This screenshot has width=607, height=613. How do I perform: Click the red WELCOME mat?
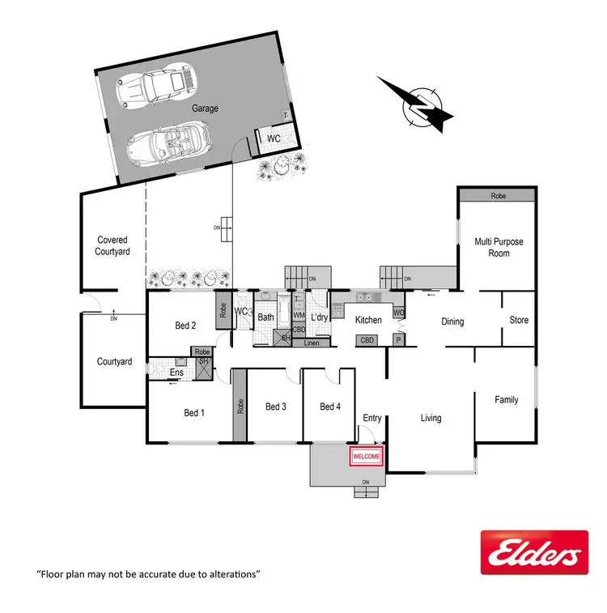coord(365,458)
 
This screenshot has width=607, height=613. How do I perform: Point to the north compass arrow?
coord(416,104)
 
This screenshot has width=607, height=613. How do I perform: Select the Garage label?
coord(205,108)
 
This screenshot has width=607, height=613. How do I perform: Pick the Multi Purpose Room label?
coord(499,247)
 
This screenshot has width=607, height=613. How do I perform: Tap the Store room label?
coord(519,321)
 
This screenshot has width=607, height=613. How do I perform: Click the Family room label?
coord(507,399)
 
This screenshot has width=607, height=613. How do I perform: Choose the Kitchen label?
coord(368,321)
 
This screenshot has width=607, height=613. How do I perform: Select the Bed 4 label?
coord(331,407)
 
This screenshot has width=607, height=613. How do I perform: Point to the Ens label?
coord(176,372)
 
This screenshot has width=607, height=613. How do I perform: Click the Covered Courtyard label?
coord(113,245)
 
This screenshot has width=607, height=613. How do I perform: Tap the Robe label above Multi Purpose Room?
coord(497,196)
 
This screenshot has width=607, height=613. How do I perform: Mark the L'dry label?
coord(319,318)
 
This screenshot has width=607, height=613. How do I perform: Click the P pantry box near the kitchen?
coord(398,341)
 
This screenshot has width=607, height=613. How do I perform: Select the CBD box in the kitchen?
coord(368,341)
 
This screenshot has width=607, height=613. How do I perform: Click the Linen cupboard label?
coord(312,343)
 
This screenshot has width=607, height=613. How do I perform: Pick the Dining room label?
coord(452,321)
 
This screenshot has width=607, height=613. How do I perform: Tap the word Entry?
coord(372,418)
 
